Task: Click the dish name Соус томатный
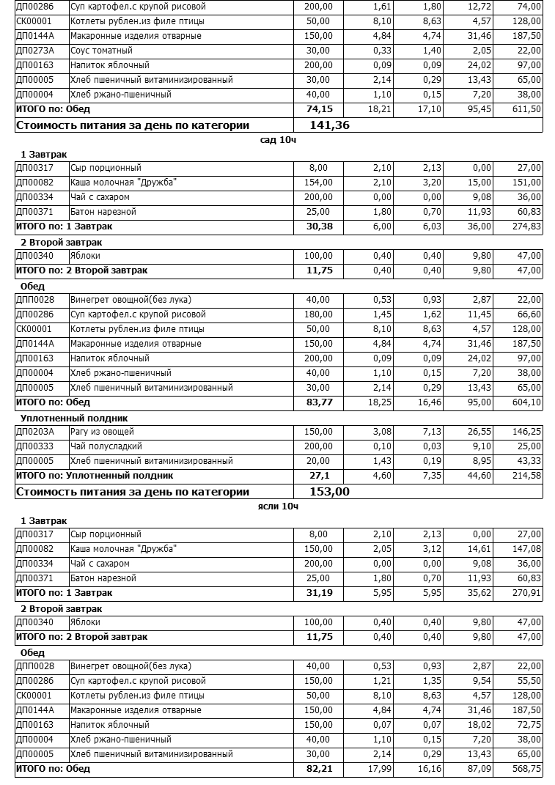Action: point(101,51)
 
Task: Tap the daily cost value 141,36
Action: point(329,125)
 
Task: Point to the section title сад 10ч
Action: point(279,139)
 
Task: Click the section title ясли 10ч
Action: point(279,506)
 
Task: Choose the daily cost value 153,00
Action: point(329,492)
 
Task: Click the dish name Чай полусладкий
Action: point(106,446)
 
